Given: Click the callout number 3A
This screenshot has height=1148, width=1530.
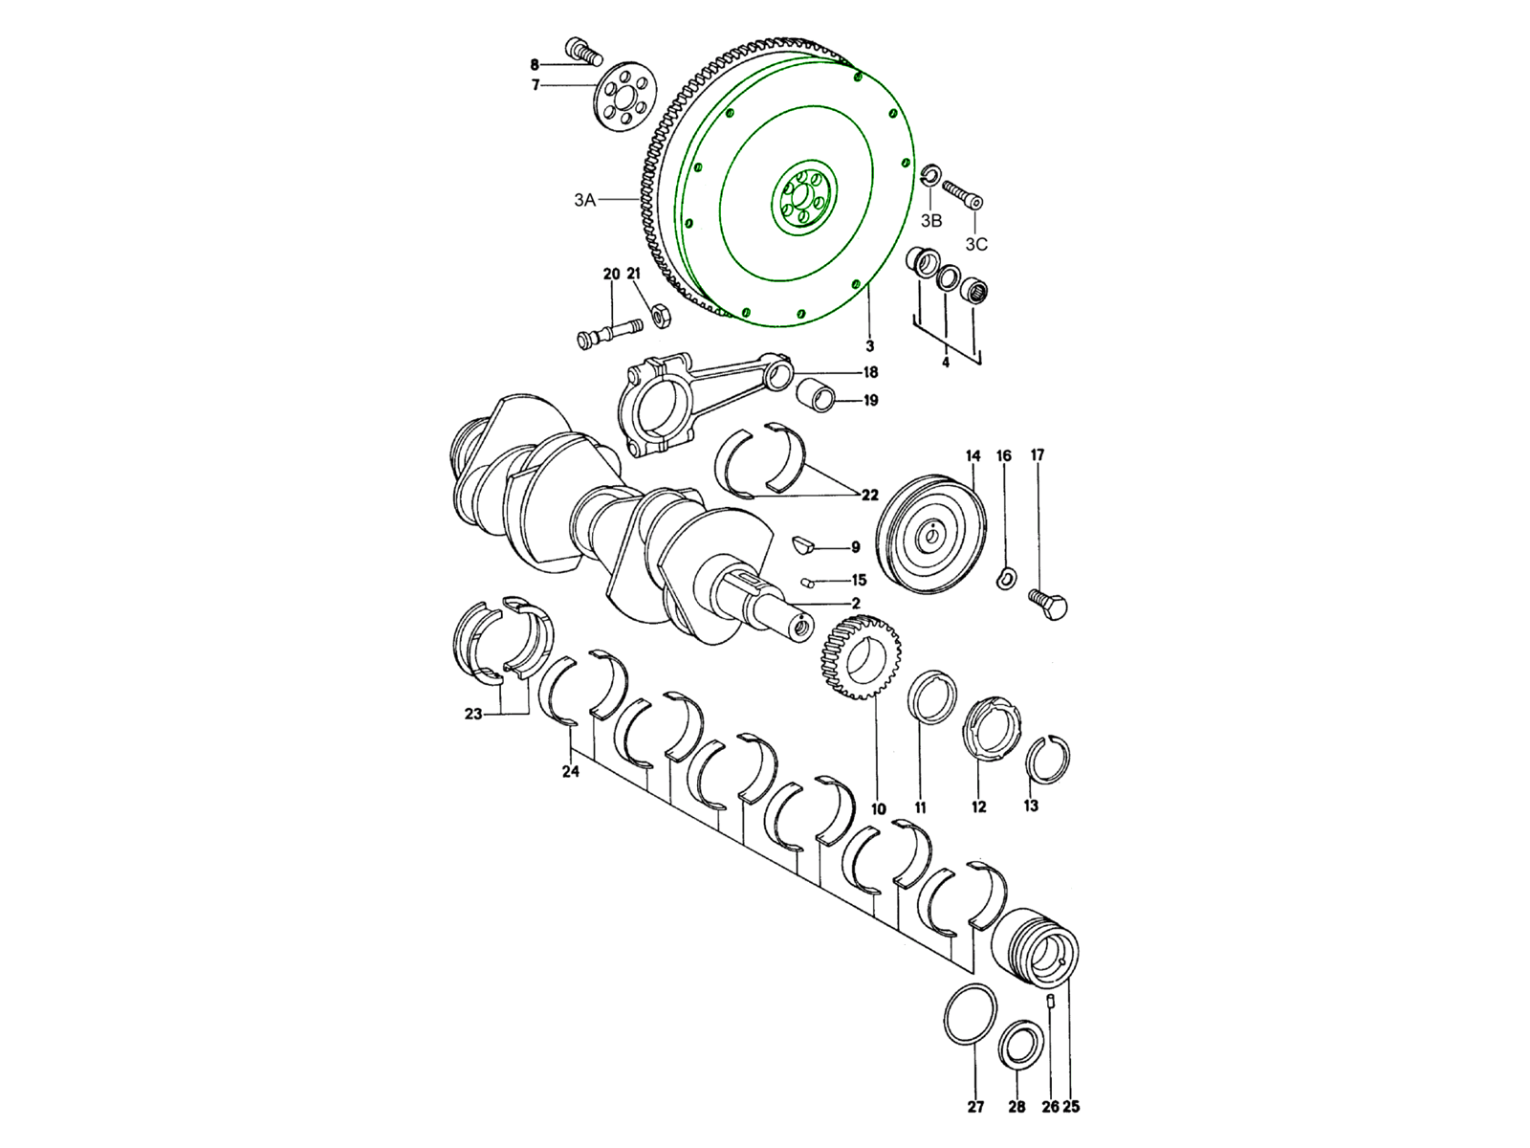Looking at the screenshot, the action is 584,200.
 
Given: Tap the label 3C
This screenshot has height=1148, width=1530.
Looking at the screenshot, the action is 976,244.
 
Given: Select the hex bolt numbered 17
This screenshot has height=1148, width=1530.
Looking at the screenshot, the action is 1048,604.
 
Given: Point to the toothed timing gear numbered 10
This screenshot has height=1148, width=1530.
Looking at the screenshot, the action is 861,656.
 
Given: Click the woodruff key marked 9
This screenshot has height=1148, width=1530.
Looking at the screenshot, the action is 805,544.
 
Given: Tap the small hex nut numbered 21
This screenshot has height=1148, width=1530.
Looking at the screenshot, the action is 660,316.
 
